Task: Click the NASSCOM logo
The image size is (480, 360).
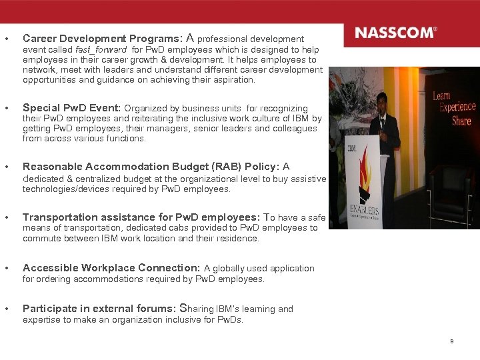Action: click(x=396, y=33)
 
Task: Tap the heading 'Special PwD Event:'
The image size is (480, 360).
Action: click(x=71, y=108)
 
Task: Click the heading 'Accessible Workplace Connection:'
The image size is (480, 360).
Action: click(x=111, y=268)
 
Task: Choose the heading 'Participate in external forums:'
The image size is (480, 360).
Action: click(x=99, y=309)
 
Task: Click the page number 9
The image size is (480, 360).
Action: click(x=452, y=341)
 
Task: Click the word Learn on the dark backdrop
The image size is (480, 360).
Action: click(x=441, y=95)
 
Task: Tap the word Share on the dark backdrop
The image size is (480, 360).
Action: click(x=461, y=121)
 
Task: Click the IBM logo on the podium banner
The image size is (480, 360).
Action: click(x=351, y=148)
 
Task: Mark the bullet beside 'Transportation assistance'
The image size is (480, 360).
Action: click(x=6, y=217)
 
